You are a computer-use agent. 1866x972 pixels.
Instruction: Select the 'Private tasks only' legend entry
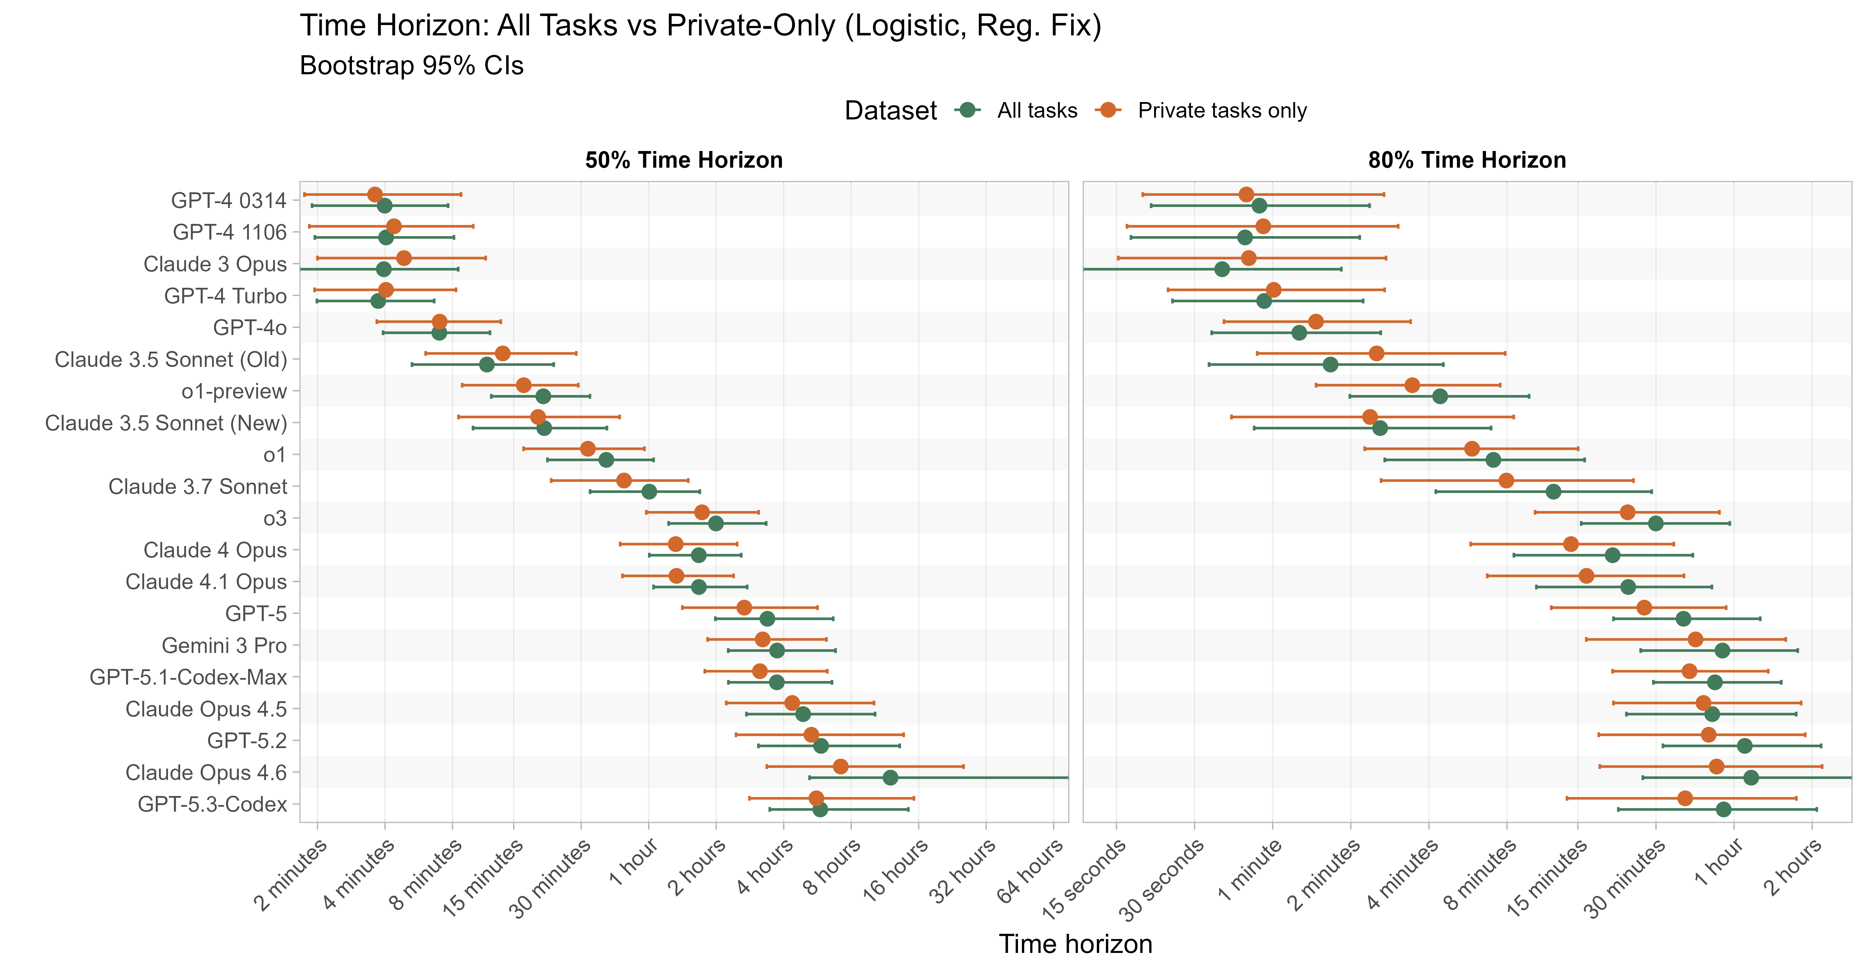1221,111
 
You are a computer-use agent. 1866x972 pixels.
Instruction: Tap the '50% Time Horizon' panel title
684,160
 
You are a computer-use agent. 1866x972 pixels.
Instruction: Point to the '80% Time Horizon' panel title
1467,160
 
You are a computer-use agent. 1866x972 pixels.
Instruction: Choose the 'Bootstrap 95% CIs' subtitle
411,66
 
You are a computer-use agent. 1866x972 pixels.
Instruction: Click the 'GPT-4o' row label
250,328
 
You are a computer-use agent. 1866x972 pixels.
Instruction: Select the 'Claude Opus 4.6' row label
207,773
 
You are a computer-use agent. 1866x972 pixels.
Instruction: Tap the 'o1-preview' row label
234,392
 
